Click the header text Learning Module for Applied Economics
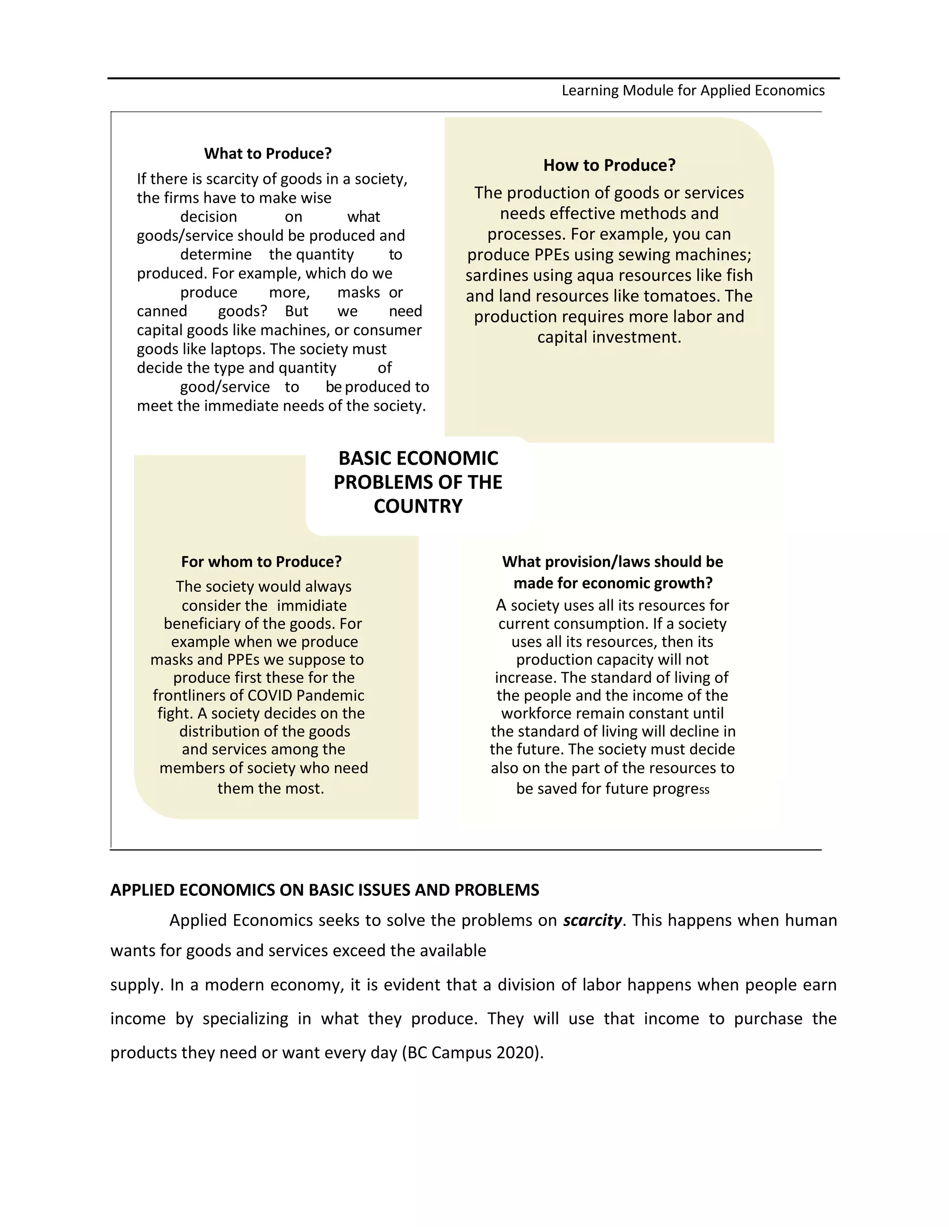[693, 90]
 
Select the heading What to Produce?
[268, 153]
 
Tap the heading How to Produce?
[609, 165]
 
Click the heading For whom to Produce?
[261, 562]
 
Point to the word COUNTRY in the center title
[418, 506]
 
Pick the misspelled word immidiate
[311, 606]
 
